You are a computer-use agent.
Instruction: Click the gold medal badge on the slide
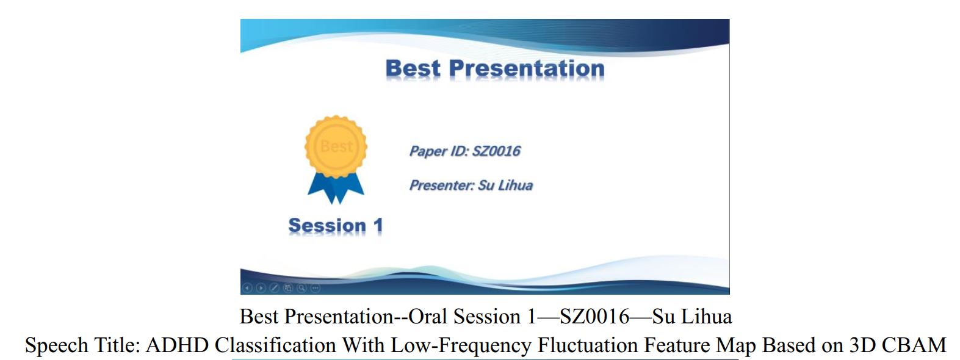[336, 146]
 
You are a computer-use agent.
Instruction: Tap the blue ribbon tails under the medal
[336, 188]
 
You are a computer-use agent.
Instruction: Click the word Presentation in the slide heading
[527, 68]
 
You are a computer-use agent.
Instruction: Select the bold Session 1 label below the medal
[336, 225]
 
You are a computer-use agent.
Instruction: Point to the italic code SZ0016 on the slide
[496, 151]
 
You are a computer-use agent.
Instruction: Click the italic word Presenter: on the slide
[442, 185]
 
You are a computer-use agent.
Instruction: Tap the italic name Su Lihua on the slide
[505, 185]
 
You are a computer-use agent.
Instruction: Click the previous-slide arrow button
[247, 288]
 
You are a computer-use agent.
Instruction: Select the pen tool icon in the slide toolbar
[274, 288]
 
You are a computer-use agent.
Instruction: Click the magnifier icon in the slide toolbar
[301, 288]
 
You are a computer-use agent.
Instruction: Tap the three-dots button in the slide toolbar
[316, 288]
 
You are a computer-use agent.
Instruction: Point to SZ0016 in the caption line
[594, 317]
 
